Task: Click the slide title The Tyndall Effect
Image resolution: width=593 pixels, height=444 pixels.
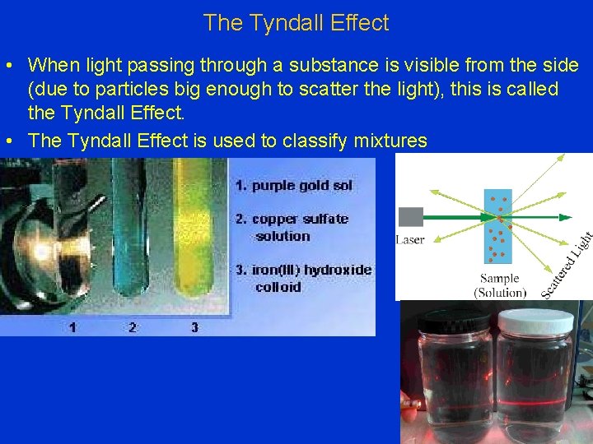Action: (x=296, y=23)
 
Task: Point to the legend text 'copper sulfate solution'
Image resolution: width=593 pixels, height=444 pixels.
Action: (x=300, y=228)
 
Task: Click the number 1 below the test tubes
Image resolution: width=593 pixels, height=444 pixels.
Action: (x=72, y=327)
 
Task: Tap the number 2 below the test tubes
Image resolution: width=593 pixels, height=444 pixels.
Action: (x=132, y=327)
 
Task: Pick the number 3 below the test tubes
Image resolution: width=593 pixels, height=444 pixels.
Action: (x=194, y=327)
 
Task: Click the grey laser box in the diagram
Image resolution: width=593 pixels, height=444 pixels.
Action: (x=410, y=217)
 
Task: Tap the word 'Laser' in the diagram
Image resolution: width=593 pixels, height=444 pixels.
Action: (x=410, y=240)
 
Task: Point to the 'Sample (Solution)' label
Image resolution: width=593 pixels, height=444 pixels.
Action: (x=500, y=285)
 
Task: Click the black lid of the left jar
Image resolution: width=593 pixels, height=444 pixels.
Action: (x=454, y=319)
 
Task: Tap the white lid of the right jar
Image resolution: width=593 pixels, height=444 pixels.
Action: (x=535, y=319)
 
